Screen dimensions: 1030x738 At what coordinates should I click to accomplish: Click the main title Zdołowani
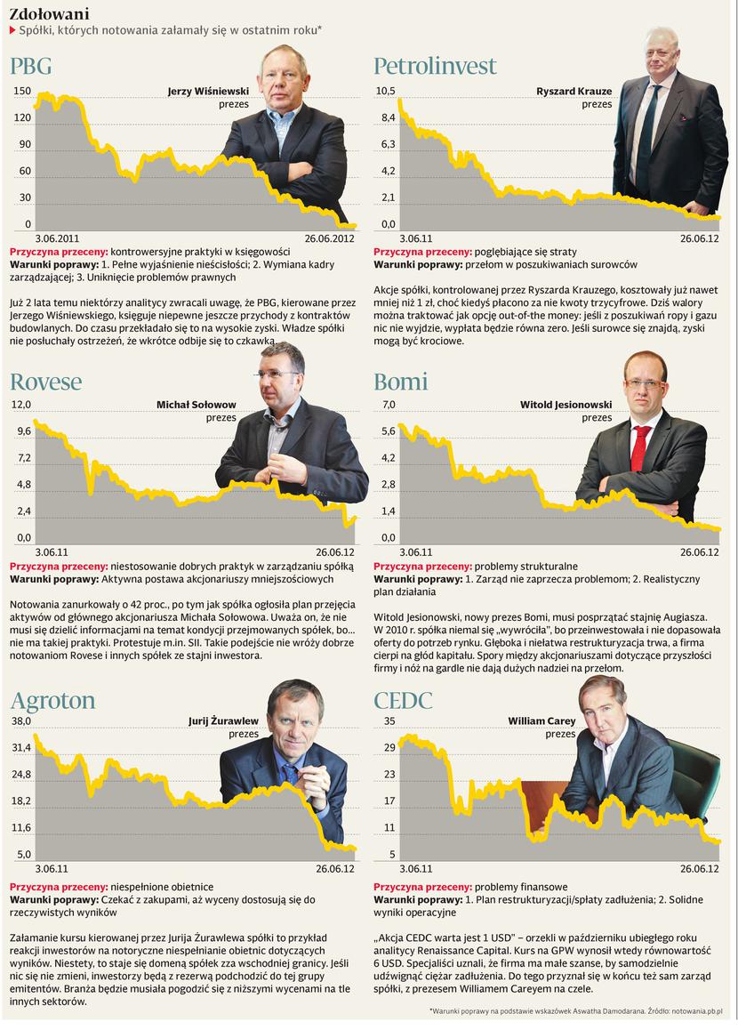point(49,13)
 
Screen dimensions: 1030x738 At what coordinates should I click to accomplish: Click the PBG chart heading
point(31,66)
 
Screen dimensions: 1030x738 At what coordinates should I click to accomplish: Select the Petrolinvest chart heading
point(435,66)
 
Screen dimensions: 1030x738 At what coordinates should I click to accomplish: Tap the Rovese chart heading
point(45,382)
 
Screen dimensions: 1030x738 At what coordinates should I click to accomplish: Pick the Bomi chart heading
point(401,382)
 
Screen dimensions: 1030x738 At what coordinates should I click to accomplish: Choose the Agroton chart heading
point(52,700)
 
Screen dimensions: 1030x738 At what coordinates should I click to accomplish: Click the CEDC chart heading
point(404,700)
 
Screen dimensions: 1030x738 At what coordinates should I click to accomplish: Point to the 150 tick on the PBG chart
point(22,91)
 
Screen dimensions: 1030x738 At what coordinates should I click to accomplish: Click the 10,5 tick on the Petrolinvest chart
point(385,91)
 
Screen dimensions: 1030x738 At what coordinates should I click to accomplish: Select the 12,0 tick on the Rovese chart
point(20,405)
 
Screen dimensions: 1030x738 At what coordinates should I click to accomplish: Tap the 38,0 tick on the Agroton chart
point(20,721)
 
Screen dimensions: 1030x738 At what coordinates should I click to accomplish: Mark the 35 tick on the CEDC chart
point(389,721)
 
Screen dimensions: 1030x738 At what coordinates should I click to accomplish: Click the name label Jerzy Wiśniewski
point(209,91)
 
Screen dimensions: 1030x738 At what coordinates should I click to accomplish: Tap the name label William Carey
point(541,721)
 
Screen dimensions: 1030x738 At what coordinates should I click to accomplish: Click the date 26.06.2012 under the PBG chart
point(330,238)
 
